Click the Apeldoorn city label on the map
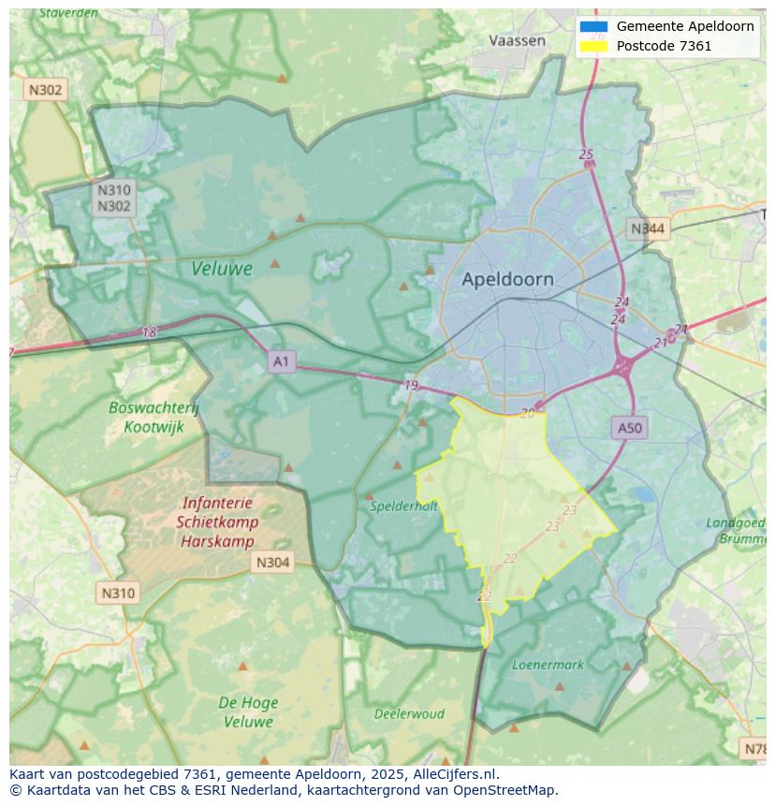(507, 279)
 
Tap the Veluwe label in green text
(222, 269)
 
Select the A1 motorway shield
(281, 360)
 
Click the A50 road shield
(630, 428)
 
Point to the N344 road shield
(648, 228)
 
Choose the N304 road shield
(272, 563)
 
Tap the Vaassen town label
(517, 40)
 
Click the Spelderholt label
(403, 506)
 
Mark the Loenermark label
(548, 665)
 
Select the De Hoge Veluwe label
(246, 711)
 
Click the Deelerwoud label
(409, 713)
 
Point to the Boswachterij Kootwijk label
(154, 417)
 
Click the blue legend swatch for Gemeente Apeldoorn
(593, 26)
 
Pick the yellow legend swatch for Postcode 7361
(593, 46)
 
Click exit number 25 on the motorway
(586, 154)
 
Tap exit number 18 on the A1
(150, 332)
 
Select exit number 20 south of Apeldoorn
(528, 413)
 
